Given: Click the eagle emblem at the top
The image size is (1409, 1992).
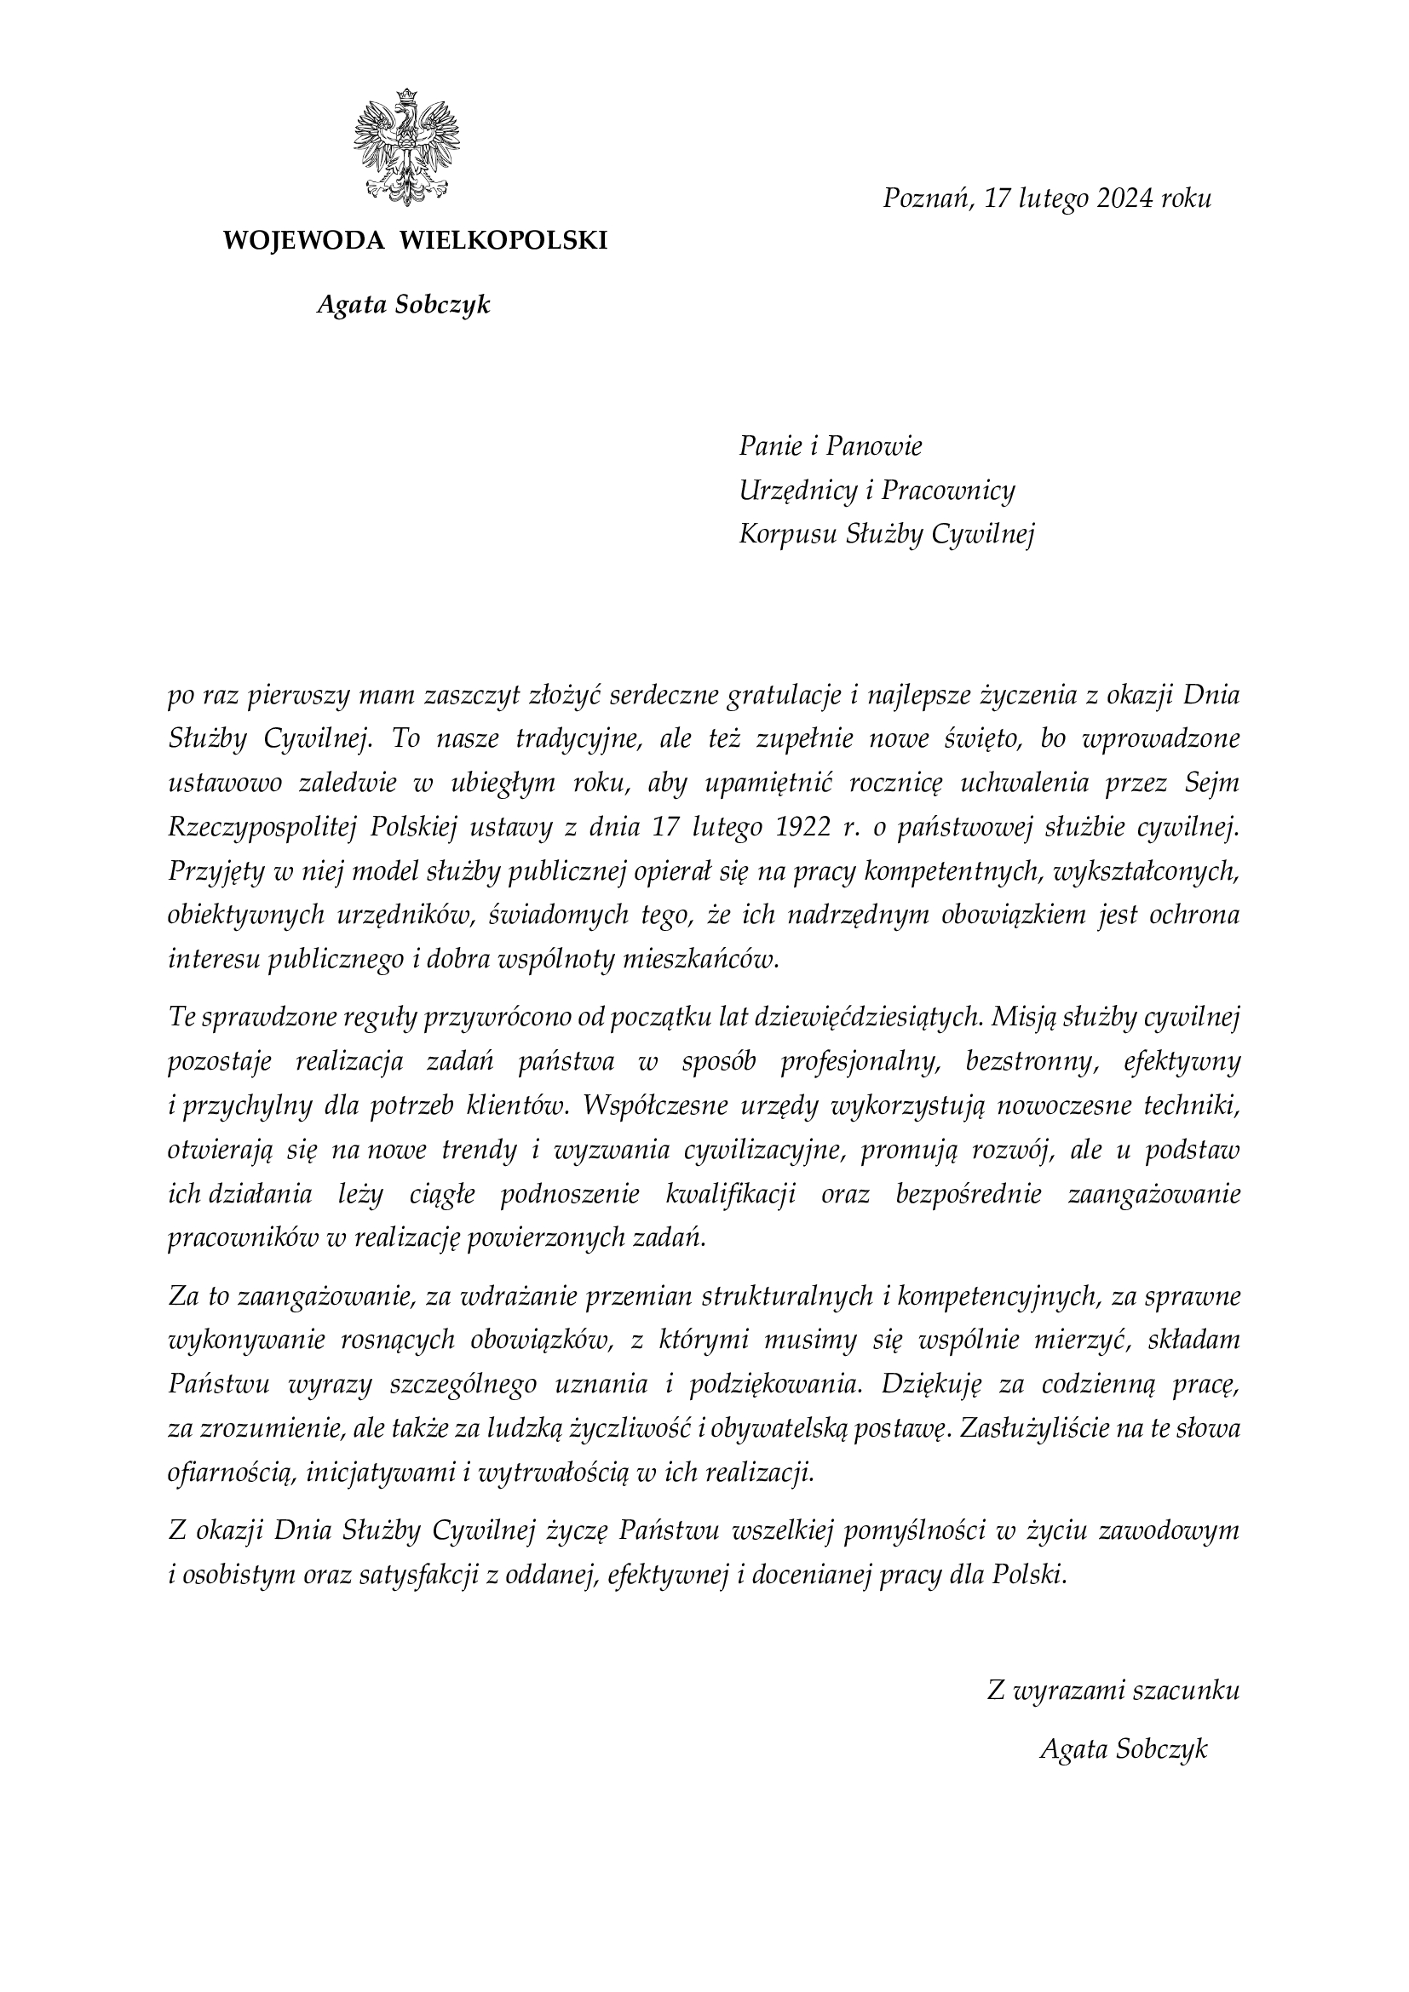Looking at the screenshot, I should pos(406,147).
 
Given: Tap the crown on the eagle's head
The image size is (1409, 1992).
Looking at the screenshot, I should pos(405,96).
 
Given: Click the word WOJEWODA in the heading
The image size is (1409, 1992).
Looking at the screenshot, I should pos(303,240).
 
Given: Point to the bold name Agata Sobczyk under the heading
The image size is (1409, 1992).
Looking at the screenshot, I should pos(404,305).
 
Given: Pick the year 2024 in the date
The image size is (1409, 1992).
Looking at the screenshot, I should pos(1124,199).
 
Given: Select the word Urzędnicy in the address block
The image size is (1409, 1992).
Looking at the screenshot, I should pos(797,491).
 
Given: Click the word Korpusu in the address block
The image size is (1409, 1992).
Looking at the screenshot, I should pos(788,535).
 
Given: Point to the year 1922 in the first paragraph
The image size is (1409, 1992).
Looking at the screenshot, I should pos(797,828).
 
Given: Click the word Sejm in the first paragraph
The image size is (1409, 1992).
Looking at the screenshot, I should pos(1212,784).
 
